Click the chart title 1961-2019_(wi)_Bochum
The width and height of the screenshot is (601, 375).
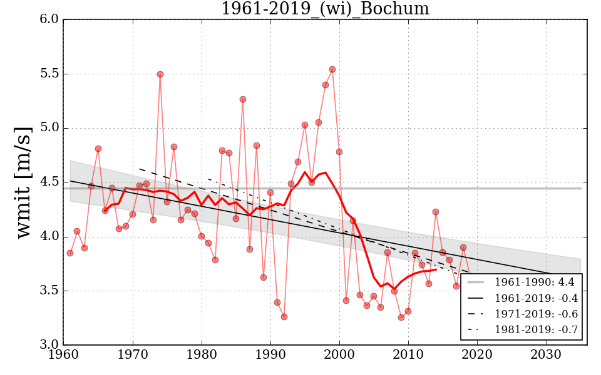pyautogui.click(x=325, y=9)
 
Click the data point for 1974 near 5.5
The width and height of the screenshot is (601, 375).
pyautogui.click(x=160, y=74)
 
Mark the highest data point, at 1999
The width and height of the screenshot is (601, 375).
pyautogui.click(x=332, y=69)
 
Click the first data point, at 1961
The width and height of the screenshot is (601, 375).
pyautogui.click(x=70, y=253)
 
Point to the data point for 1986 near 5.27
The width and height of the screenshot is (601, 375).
pyautogui.click(x=243, y=99)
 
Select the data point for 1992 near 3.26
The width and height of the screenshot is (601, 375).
pyautogui.click(x=284, y=317)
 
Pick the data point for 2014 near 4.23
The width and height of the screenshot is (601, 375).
pyautogui.click(x=436, y=212)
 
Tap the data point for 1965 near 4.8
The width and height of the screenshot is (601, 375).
pyautogui.click(x=98, y=149)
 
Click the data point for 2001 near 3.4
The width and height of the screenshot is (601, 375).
pyautogui.click(x=346, y=301)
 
